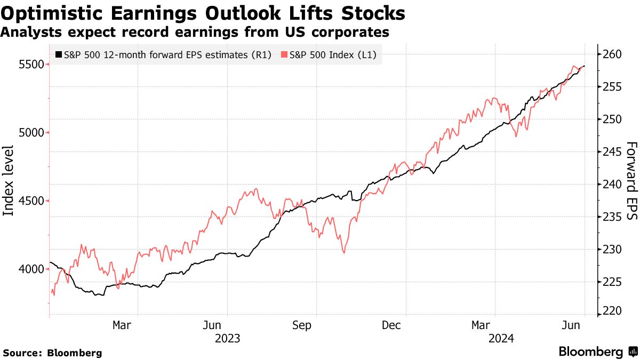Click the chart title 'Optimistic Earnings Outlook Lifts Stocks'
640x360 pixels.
[x=202, y=13]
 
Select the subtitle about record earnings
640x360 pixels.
[x=195, y=33]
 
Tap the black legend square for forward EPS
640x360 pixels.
[x=58, y=54]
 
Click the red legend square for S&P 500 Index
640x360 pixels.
[x=284, y=54]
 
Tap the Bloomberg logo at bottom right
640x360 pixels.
[x=597, y=352]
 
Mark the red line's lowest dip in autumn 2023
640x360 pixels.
[x=344, y=252]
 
